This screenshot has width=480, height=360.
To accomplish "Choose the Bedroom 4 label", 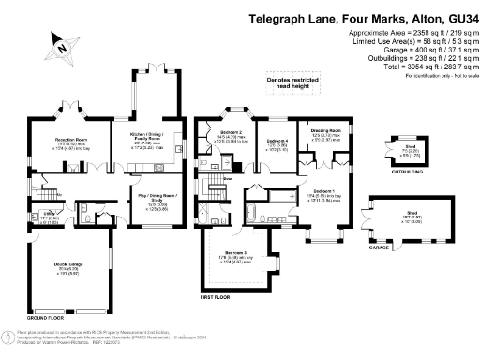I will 277,141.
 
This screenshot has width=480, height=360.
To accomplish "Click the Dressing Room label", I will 326,131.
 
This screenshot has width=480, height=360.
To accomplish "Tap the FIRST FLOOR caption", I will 216,296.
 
